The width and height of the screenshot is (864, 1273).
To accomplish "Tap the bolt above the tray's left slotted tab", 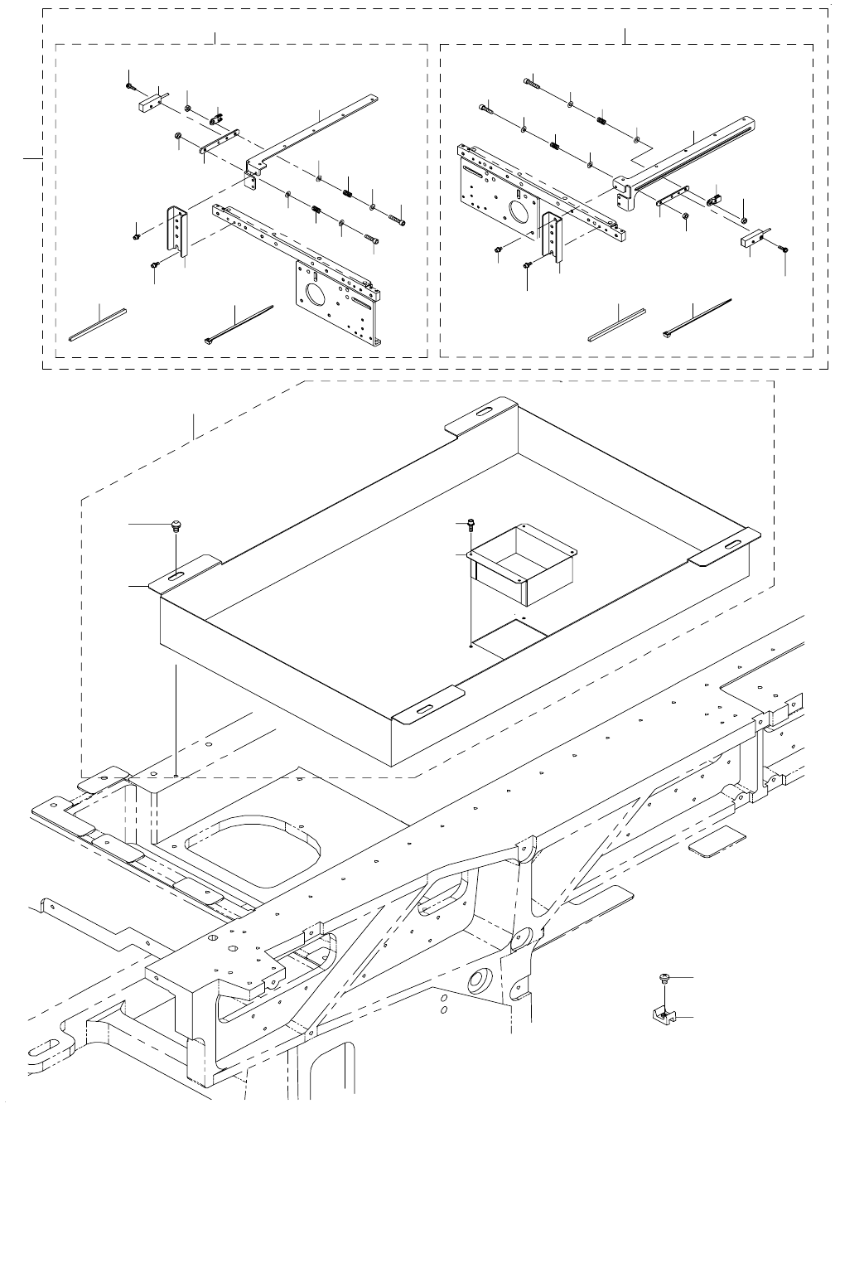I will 175,525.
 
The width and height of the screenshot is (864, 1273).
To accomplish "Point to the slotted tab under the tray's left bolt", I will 181,575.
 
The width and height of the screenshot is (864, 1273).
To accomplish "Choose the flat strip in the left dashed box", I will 98,324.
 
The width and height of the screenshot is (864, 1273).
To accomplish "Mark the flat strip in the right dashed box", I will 616,324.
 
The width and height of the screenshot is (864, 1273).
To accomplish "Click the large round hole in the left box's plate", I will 316,294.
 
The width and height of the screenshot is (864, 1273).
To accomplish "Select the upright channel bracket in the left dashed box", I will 177,231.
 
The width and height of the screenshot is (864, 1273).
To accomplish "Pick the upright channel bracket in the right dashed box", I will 553,235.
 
